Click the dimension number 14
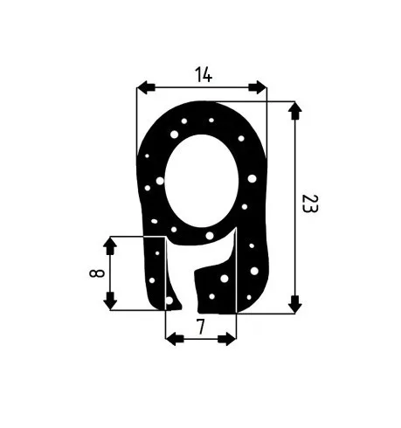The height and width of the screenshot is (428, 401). click(x=204, y=74)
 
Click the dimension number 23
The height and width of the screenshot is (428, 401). click(x=310, y=204)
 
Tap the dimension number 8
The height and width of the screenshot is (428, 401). click(x=97, y=273)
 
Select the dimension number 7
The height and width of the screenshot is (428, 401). click(x=201, y=327)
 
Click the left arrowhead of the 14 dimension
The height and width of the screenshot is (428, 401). click(x=146, y=87)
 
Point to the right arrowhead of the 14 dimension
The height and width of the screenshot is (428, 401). click(x=258, y=87)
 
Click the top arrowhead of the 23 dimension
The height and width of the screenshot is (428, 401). click(x=295, y=110)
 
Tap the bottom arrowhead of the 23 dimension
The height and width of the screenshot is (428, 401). click(x=295, y=305)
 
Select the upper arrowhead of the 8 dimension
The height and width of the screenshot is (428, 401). click(x=110, y=245)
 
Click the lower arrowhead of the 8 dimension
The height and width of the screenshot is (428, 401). click(x=110, y=300)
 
